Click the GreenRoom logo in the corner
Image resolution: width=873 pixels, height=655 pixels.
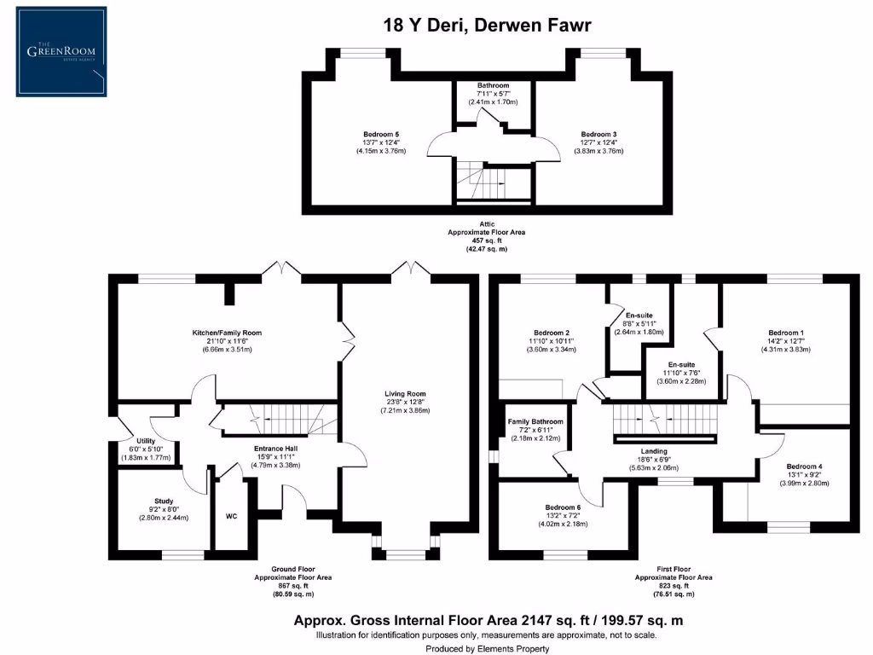point(61,52)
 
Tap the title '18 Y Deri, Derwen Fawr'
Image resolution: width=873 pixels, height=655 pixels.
point(487,25)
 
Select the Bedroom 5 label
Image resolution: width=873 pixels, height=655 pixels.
point(381,134)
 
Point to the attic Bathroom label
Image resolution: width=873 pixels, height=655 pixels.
point(494,85)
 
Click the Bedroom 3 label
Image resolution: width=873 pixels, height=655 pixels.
point(598,134)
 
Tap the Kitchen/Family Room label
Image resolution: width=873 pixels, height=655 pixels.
point(227,333)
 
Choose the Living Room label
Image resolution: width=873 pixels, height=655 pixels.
point(405,394)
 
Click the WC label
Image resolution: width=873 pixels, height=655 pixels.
point(232,516)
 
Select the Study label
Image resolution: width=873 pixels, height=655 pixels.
point(164,501)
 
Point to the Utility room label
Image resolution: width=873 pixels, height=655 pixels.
point(146,441)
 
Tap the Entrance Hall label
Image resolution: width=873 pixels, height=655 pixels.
point(275,449)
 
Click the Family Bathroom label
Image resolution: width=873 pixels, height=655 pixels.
point(535,421)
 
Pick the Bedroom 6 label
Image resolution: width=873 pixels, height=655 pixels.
point(563,507)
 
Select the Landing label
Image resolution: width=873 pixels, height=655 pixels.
point(654,451)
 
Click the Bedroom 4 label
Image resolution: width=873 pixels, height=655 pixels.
point(805,467)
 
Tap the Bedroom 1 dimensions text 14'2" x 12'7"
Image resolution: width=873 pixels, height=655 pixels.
point(786,341)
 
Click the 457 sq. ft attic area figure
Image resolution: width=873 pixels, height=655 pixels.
point(487,241)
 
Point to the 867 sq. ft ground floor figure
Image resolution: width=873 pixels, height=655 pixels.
point(293,586)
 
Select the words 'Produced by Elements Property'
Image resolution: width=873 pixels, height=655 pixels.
point(487,649)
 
